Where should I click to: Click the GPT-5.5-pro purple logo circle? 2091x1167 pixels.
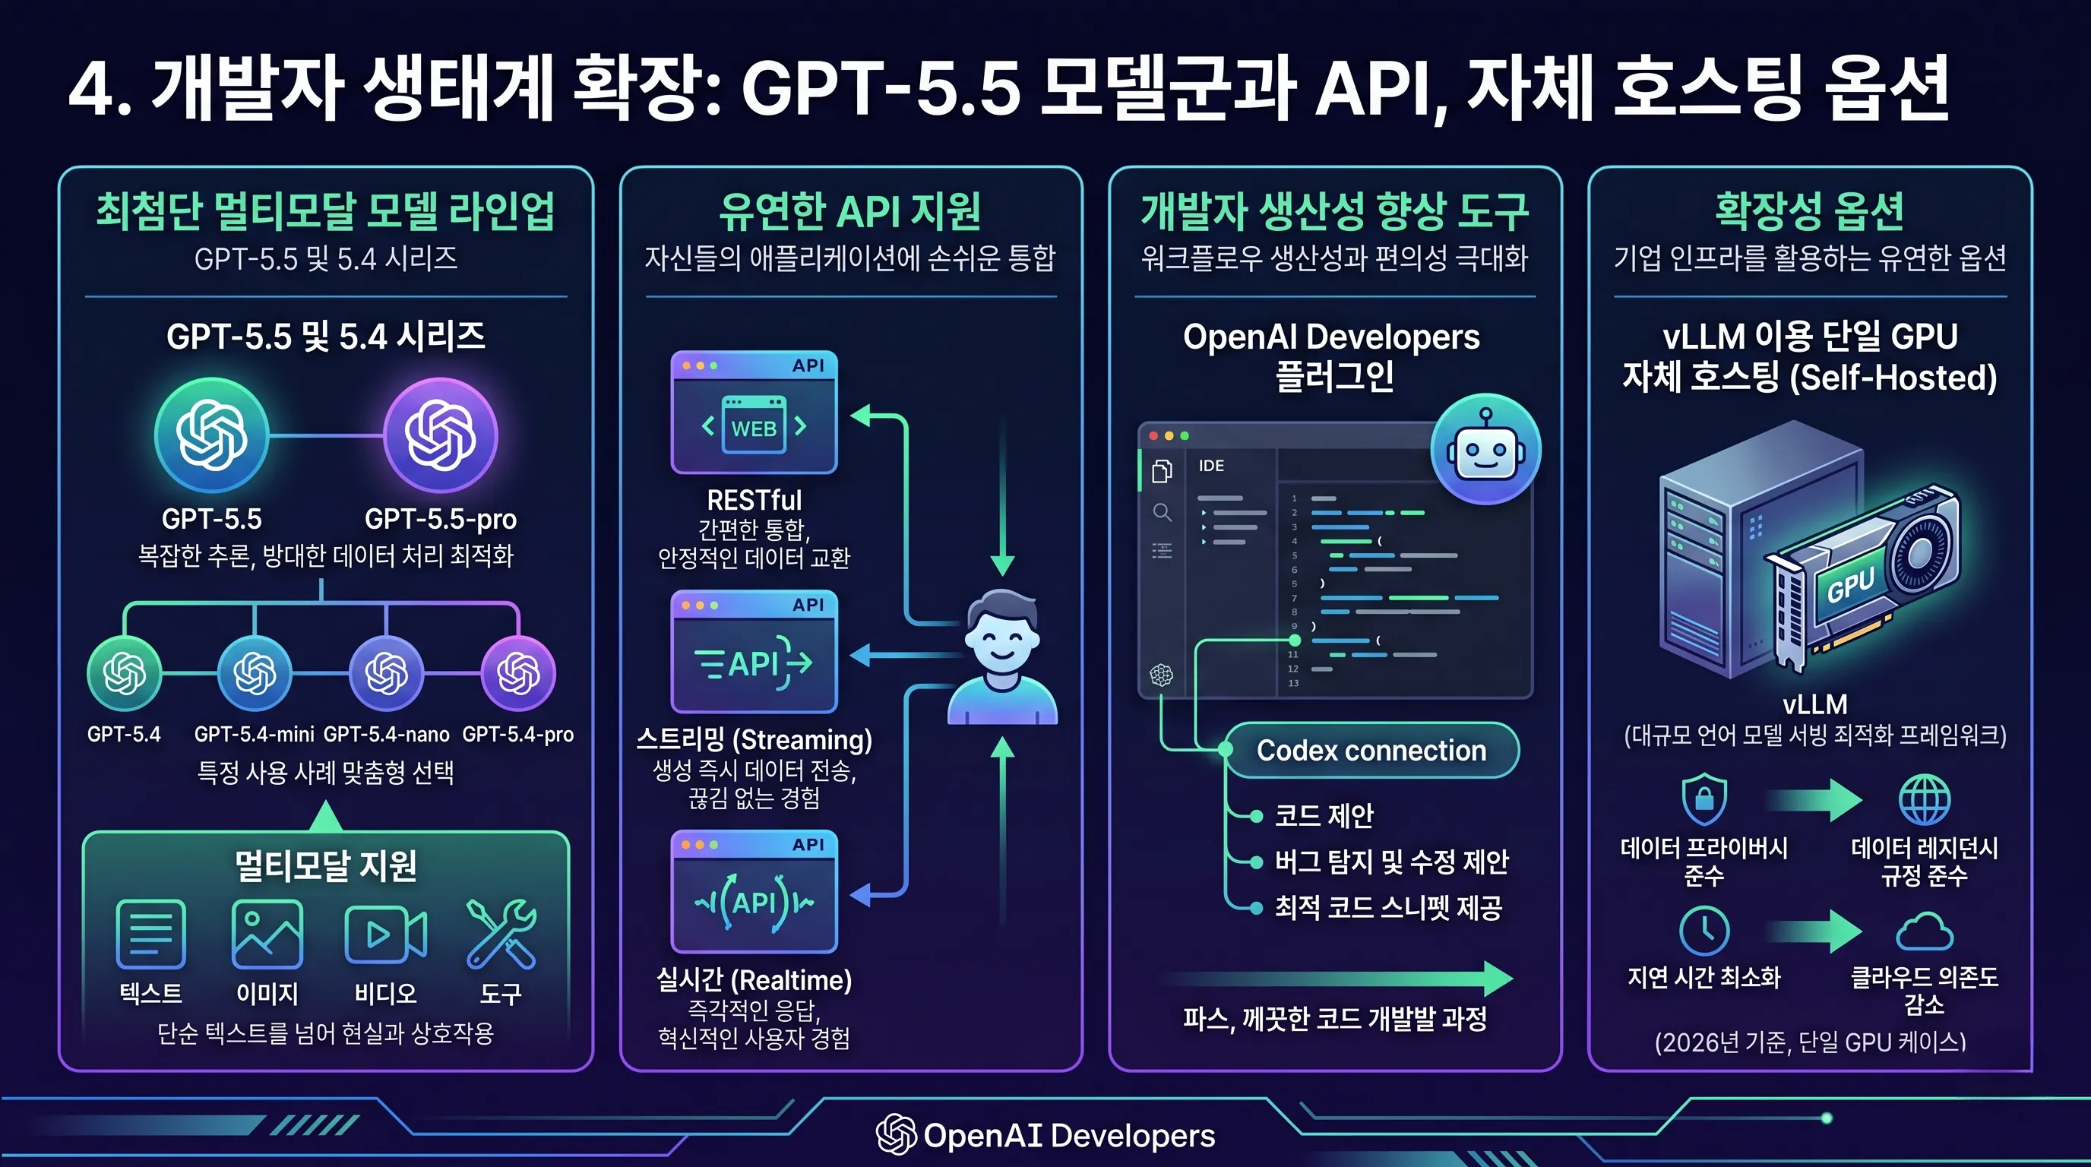pyautogui.click(x=440, y=435)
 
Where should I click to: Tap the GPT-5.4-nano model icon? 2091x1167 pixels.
pyautogui.click(x=387, y=672)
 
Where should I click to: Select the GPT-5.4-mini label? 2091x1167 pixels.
pyautogui.click(x=254, y=735)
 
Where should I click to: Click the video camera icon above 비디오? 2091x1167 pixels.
pyautogui.click(x=385, y=934)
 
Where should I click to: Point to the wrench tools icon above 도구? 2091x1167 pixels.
pyautogui.click(x=501, y=934)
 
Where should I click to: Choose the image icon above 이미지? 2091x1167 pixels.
pyautogui.click(x=267, y=934)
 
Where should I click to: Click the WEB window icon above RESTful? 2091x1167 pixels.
pyautogui.click(x=754, y=413)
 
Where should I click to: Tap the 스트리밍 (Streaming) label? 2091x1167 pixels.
pyautogui.click(x=754, y=739)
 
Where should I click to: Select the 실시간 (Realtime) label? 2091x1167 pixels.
pyautogui.click(x=754, y=979)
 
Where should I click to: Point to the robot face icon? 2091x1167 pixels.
pyautogui.click(x=1485, y=449)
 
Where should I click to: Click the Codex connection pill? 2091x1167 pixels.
pyautogui.click(x=1371, y=751)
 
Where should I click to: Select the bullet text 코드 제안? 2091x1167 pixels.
pyautogui.click(x=1324, y=814)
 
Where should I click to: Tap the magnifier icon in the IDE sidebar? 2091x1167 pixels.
pyautogui.click(x=1163, y=512)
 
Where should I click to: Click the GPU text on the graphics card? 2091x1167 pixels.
pyautogui.click(x=1851, y=585)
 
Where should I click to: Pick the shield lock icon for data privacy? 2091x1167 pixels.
pyautogui.click(x=1703, y=799)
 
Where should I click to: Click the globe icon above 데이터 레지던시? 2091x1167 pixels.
pyautogui.click(x=1925, y=799)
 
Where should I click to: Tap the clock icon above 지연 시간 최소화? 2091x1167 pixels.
pyautogui.click(x=1703, y=931)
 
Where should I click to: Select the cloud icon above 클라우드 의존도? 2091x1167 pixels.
pyautogui.click(x=1925, y=931)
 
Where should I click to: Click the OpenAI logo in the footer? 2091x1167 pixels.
pyautogui.click(x=896, y=1134)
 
